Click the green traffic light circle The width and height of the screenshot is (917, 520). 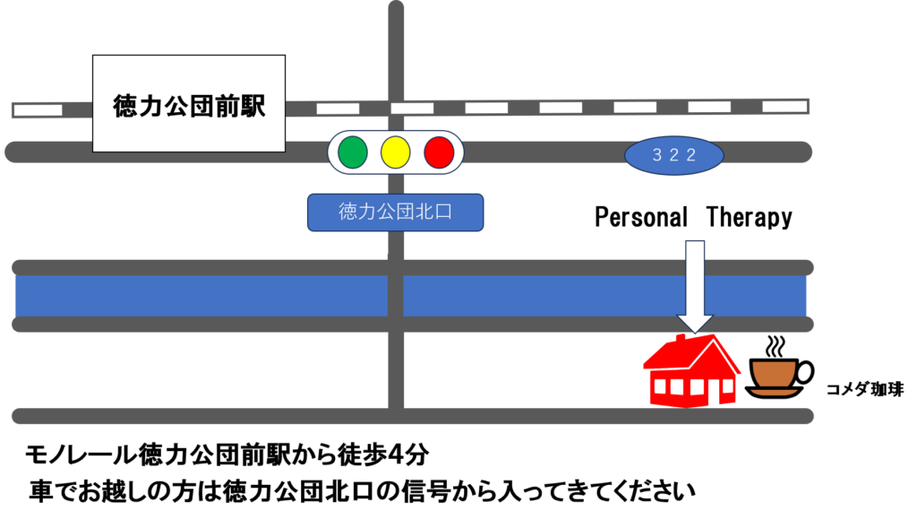pos(353,152)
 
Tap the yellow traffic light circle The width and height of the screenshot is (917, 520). pos(395,152)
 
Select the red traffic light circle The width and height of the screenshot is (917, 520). pos(439,152)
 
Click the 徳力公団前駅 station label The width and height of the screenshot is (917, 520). pos(189,106)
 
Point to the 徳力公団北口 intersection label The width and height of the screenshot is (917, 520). pos(395,213)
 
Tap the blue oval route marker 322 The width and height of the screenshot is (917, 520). pos(673,156)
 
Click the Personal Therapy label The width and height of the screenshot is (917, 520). pos(693,217)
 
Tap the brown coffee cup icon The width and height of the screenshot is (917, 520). pos(775,373)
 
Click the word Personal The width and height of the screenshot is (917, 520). pos(641,217)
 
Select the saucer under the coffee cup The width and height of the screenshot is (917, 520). pos(774,392)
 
